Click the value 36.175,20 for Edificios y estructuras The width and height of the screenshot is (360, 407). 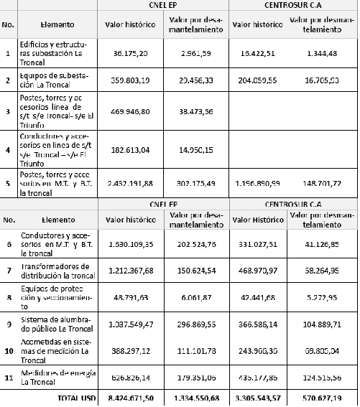point(130,53)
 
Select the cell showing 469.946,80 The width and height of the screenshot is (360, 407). point(130,112)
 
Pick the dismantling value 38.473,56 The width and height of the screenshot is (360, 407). point(195,112)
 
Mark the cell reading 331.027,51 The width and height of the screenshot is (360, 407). point(257,243)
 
